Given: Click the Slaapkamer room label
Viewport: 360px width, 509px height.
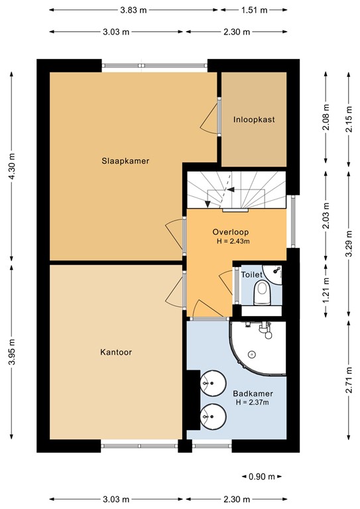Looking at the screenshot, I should tap(125, 160).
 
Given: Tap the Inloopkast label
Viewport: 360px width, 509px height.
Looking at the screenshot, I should tap(254, 120).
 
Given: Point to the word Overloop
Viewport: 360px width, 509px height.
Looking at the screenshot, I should tap(231, 232).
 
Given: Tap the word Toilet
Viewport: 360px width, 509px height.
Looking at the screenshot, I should tap(252, 274).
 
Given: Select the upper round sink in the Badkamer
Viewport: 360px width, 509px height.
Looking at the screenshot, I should tap(213, 382).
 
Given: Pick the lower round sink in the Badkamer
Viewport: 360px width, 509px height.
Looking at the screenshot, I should tap(213, 416).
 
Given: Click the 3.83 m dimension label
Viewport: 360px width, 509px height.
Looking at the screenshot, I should tap(133, 11).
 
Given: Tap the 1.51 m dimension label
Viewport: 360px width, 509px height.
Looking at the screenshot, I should tap(254, 11).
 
